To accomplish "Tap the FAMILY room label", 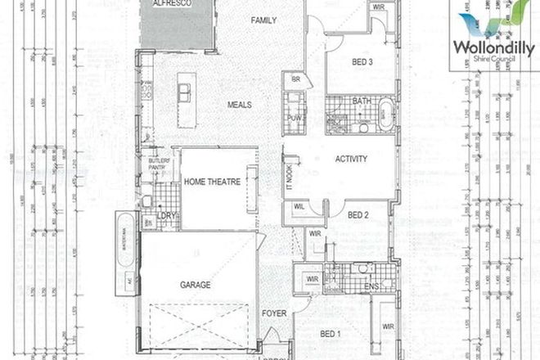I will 264,20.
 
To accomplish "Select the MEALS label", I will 239,105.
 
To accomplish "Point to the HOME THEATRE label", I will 212,182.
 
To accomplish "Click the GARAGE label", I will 196,285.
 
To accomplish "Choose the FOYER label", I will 272,313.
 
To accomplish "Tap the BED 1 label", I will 330,334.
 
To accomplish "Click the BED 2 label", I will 358,215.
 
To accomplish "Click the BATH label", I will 362,101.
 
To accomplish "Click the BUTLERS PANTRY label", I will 158,163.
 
